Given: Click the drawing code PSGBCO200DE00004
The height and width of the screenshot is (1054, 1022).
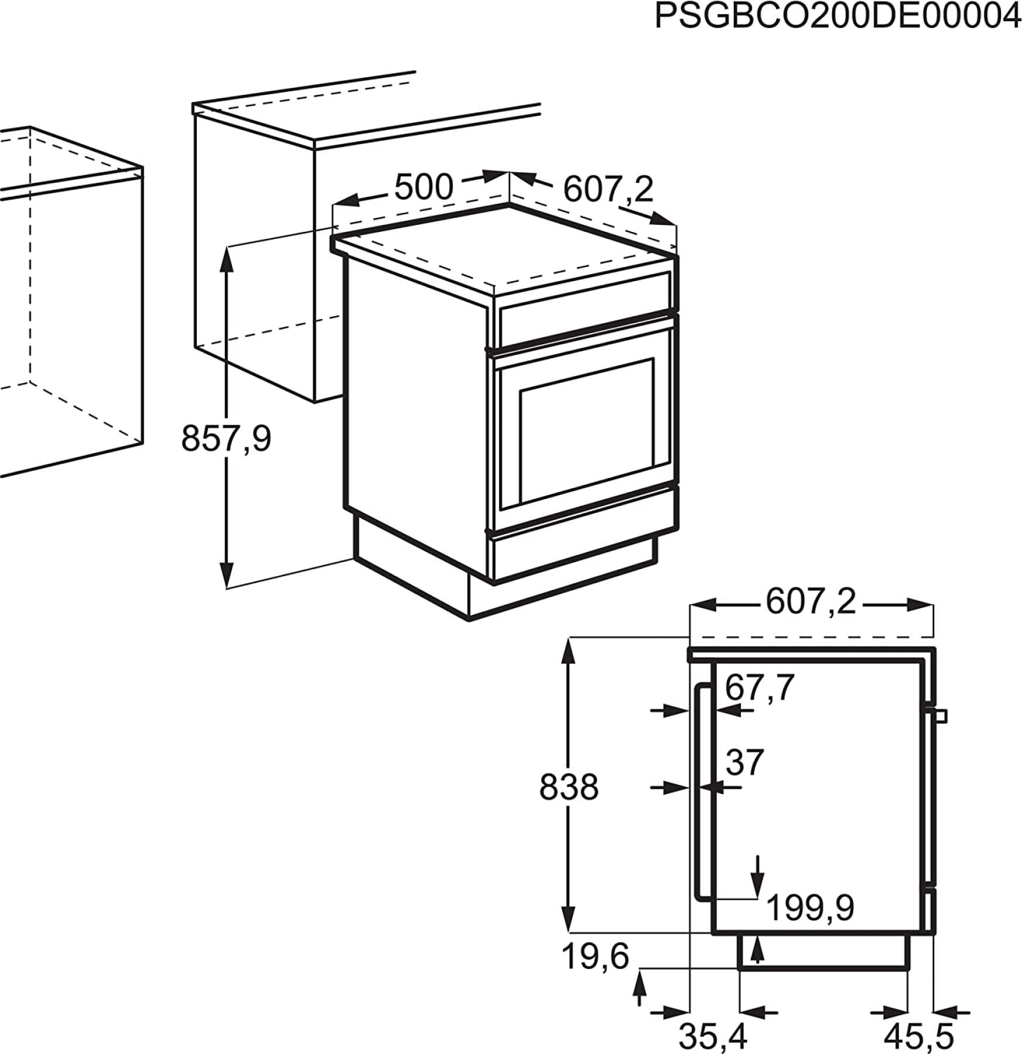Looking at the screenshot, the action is pos(838,16).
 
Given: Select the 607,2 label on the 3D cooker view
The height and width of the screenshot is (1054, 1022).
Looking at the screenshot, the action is pos(608,189).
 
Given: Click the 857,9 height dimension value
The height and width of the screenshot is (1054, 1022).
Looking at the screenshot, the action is pos(226,438).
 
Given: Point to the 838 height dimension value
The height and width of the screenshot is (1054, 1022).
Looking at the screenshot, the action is pos(569,787).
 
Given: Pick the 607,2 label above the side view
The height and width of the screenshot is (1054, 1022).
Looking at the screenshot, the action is pos(811,601).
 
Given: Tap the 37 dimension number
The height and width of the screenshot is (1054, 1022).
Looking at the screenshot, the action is pos(745,762).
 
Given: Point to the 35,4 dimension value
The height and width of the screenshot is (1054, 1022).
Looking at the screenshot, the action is pos(713,1037).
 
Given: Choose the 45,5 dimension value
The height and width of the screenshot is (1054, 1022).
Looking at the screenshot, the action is pos(918,1037).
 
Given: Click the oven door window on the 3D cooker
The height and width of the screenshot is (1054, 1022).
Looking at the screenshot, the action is pos(587,432).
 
